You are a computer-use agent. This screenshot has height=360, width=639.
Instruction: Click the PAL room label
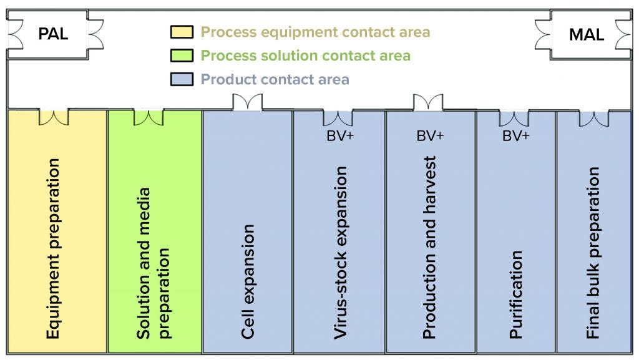coord(53,34)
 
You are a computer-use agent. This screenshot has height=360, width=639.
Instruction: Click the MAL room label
coord(586,35)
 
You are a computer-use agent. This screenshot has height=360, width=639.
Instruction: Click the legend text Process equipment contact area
coord(315,32)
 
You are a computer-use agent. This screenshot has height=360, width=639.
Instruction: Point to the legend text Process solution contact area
coord(305,56)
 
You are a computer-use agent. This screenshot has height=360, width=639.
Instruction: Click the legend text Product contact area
coord(275,80)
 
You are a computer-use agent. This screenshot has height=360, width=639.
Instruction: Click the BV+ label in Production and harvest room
coord(430,135)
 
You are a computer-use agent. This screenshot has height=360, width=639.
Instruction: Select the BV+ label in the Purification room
coord(516,135)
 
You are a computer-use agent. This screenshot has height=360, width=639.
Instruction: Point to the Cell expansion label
coord(248,281)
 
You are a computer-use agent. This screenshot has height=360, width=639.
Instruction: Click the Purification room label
coord(516,294)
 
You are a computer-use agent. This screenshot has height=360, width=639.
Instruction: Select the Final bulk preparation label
coord(593,253)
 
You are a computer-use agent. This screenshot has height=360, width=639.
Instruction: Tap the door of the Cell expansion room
coord(247,102)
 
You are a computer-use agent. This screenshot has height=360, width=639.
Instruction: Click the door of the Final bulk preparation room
coord(593,117)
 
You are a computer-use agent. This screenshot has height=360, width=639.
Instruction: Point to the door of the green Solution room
coord(149,117)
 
